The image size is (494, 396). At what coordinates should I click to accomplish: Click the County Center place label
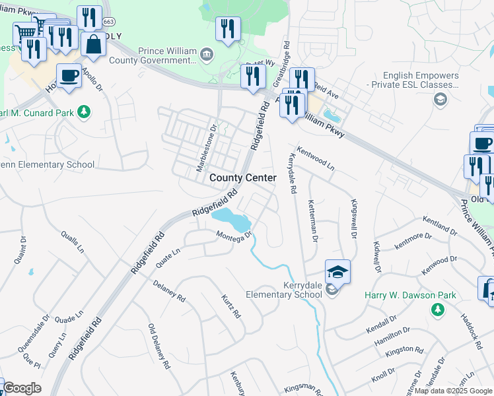243,178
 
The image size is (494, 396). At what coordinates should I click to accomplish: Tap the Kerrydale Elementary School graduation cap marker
337,272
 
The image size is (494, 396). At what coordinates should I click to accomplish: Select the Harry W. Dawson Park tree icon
436,309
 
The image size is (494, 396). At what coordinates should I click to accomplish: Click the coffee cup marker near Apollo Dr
69,76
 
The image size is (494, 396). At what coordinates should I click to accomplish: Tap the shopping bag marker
94,44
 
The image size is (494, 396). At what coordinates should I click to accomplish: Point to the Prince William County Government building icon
207,53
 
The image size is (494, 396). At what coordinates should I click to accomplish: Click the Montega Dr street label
235,234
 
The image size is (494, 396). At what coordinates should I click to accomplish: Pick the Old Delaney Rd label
159,346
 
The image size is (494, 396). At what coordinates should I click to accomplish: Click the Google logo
22,388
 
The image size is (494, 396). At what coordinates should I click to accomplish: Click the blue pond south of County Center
231,217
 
